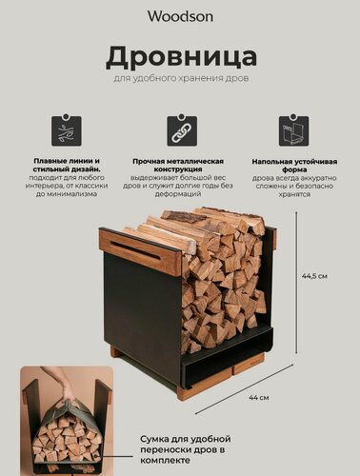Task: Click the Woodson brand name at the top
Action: (x=179, y=15)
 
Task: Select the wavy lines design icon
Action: (x=66, y=130)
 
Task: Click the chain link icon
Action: (x=181, y=130)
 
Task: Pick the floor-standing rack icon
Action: (x=293, y=130)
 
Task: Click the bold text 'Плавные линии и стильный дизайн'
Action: (x=66, y=165)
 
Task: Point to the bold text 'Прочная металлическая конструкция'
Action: (x=181, y=165)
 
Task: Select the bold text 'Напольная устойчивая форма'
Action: (x=293, y=165)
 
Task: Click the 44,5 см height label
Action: (x=314, y=277)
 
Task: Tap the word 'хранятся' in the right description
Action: (x=293, y=195)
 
